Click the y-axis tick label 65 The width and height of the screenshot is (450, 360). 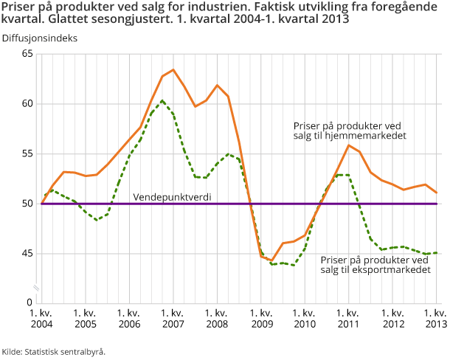(x=28, y=54)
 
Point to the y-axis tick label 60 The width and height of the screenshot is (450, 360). (x=28, y=104)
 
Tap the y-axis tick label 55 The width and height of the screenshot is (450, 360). (x=28, y=153)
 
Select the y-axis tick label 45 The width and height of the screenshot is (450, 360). (x=28, y=253)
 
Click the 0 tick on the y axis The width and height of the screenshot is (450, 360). (x=30, y=302)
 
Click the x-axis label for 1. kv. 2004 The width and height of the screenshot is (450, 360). (x=41, y=318)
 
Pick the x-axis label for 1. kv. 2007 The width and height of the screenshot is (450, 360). (x=173, y=318)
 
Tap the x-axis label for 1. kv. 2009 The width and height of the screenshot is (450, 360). (x=260, y=318)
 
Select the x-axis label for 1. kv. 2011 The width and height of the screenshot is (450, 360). (x=348, y=318)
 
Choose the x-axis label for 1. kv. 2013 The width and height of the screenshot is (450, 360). (x=436, y=318)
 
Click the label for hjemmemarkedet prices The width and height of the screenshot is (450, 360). (x=350, y=131)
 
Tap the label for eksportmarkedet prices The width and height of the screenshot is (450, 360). (x=375, y=265)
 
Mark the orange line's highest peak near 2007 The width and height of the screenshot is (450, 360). (x=173, y=70)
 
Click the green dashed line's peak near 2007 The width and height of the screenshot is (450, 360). (x=162, y=100)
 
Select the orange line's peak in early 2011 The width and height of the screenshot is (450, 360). (x=348, y=145)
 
